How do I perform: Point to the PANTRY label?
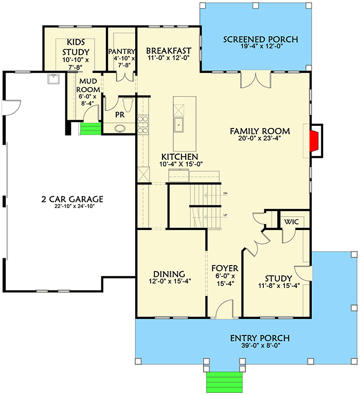[122, 51]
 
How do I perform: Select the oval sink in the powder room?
[120, 128]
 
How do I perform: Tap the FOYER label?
[225, 269]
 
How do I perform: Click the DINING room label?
[169, 274]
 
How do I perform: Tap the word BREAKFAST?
[168, 50]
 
